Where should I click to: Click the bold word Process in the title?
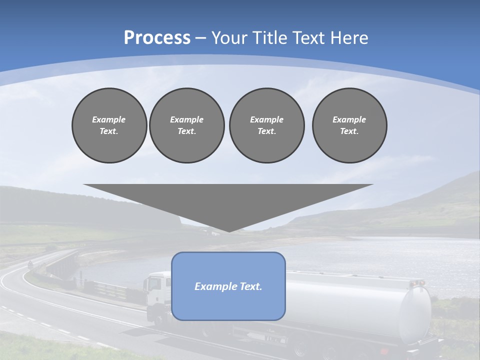(157, 38)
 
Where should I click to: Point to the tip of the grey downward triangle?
(229, 230)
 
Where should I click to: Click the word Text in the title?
(307, 38)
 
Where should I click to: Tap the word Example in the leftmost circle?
(109, 119)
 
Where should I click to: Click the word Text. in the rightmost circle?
(349, 131)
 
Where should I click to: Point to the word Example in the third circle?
(266, 119)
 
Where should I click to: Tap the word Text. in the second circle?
(186, 131)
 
